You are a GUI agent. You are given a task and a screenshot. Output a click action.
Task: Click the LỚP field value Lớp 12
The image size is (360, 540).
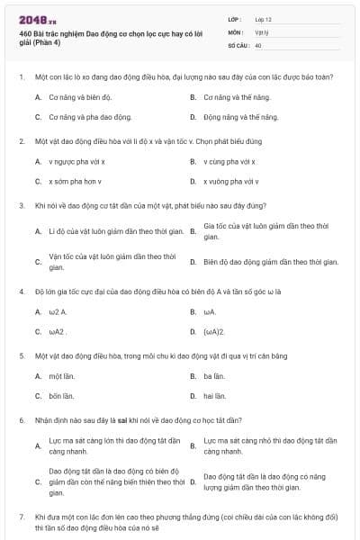click(264, 18)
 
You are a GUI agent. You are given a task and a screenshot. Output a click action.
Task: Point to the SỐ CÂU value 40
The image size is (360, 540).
click(258, 44)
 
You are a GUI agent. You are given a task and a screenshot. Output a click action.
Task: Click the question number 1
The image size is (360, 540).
click(21, 76)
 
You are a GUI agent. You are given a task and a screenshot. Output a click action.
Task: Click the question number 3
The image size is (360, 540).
click(21, 205)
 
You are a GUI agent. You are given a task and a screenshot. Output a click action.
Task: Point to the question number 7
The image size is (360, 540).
click(21, 517)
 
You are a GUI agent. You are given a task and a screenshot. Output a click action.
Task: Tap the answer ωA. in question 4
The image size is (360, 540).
click(210, 311)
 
